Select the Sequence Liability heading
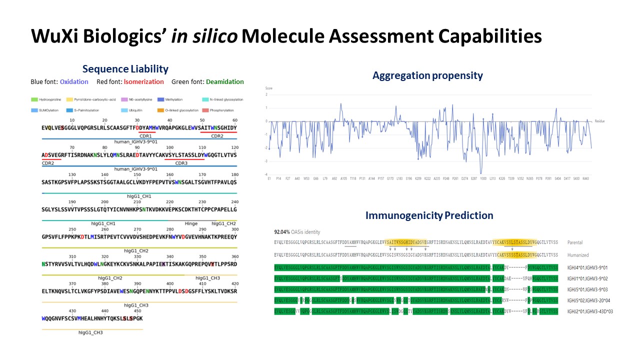(x=125, y=69)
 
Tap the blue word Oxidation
(x=74, y=82)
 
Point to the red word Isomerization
(x=143, y=82)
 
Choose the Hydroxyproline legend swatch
(x=34, y=99)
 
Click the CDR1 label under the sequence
(x=145, y=136)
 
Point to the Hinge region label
(x=191, y=223)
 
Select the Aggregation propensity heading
(x=427, y=75)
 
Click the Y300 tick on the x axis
(x=483, y=178)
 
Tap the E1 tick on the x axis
(x=269, y=178)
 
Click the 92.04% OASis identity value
(x=283, y=232)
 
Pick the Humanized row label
(x=579, y=255)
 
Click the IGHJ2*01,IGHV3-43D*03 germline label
(x=590, y=311)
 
